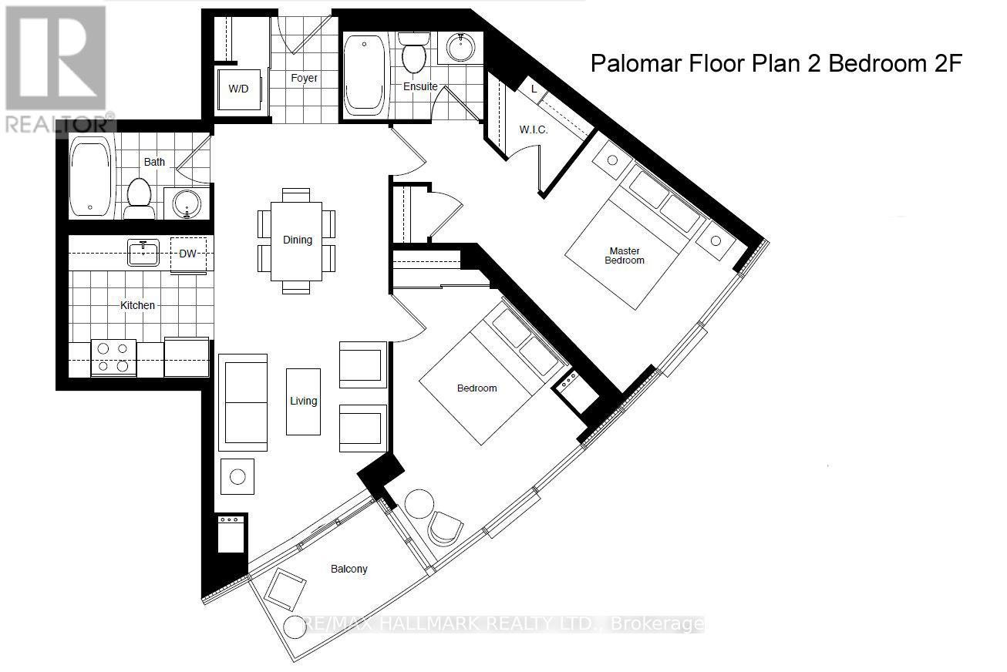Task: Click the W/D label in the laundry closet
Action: pos(238,89)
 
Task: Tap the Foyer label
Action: pos(304,78)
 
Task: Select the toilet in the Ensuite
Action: pos(415,52)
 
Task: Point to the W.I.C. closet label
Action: pos(533,129)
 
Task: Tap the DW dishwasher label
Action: pos(188,254)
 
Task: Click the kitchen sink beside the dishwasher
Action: pos(143,252)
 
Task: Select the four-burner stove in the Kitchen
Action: pos(113,358)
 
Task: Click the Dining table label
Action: pos(297,240)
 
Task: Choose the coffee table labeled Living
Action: pos(303,401)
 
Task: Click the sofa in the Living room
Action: pos(243,402)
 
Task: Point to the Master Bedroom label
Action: pos(626,255)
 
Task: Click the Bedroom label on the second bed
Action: pos(477,388)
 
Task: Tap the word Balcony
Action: pos(349,569)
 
